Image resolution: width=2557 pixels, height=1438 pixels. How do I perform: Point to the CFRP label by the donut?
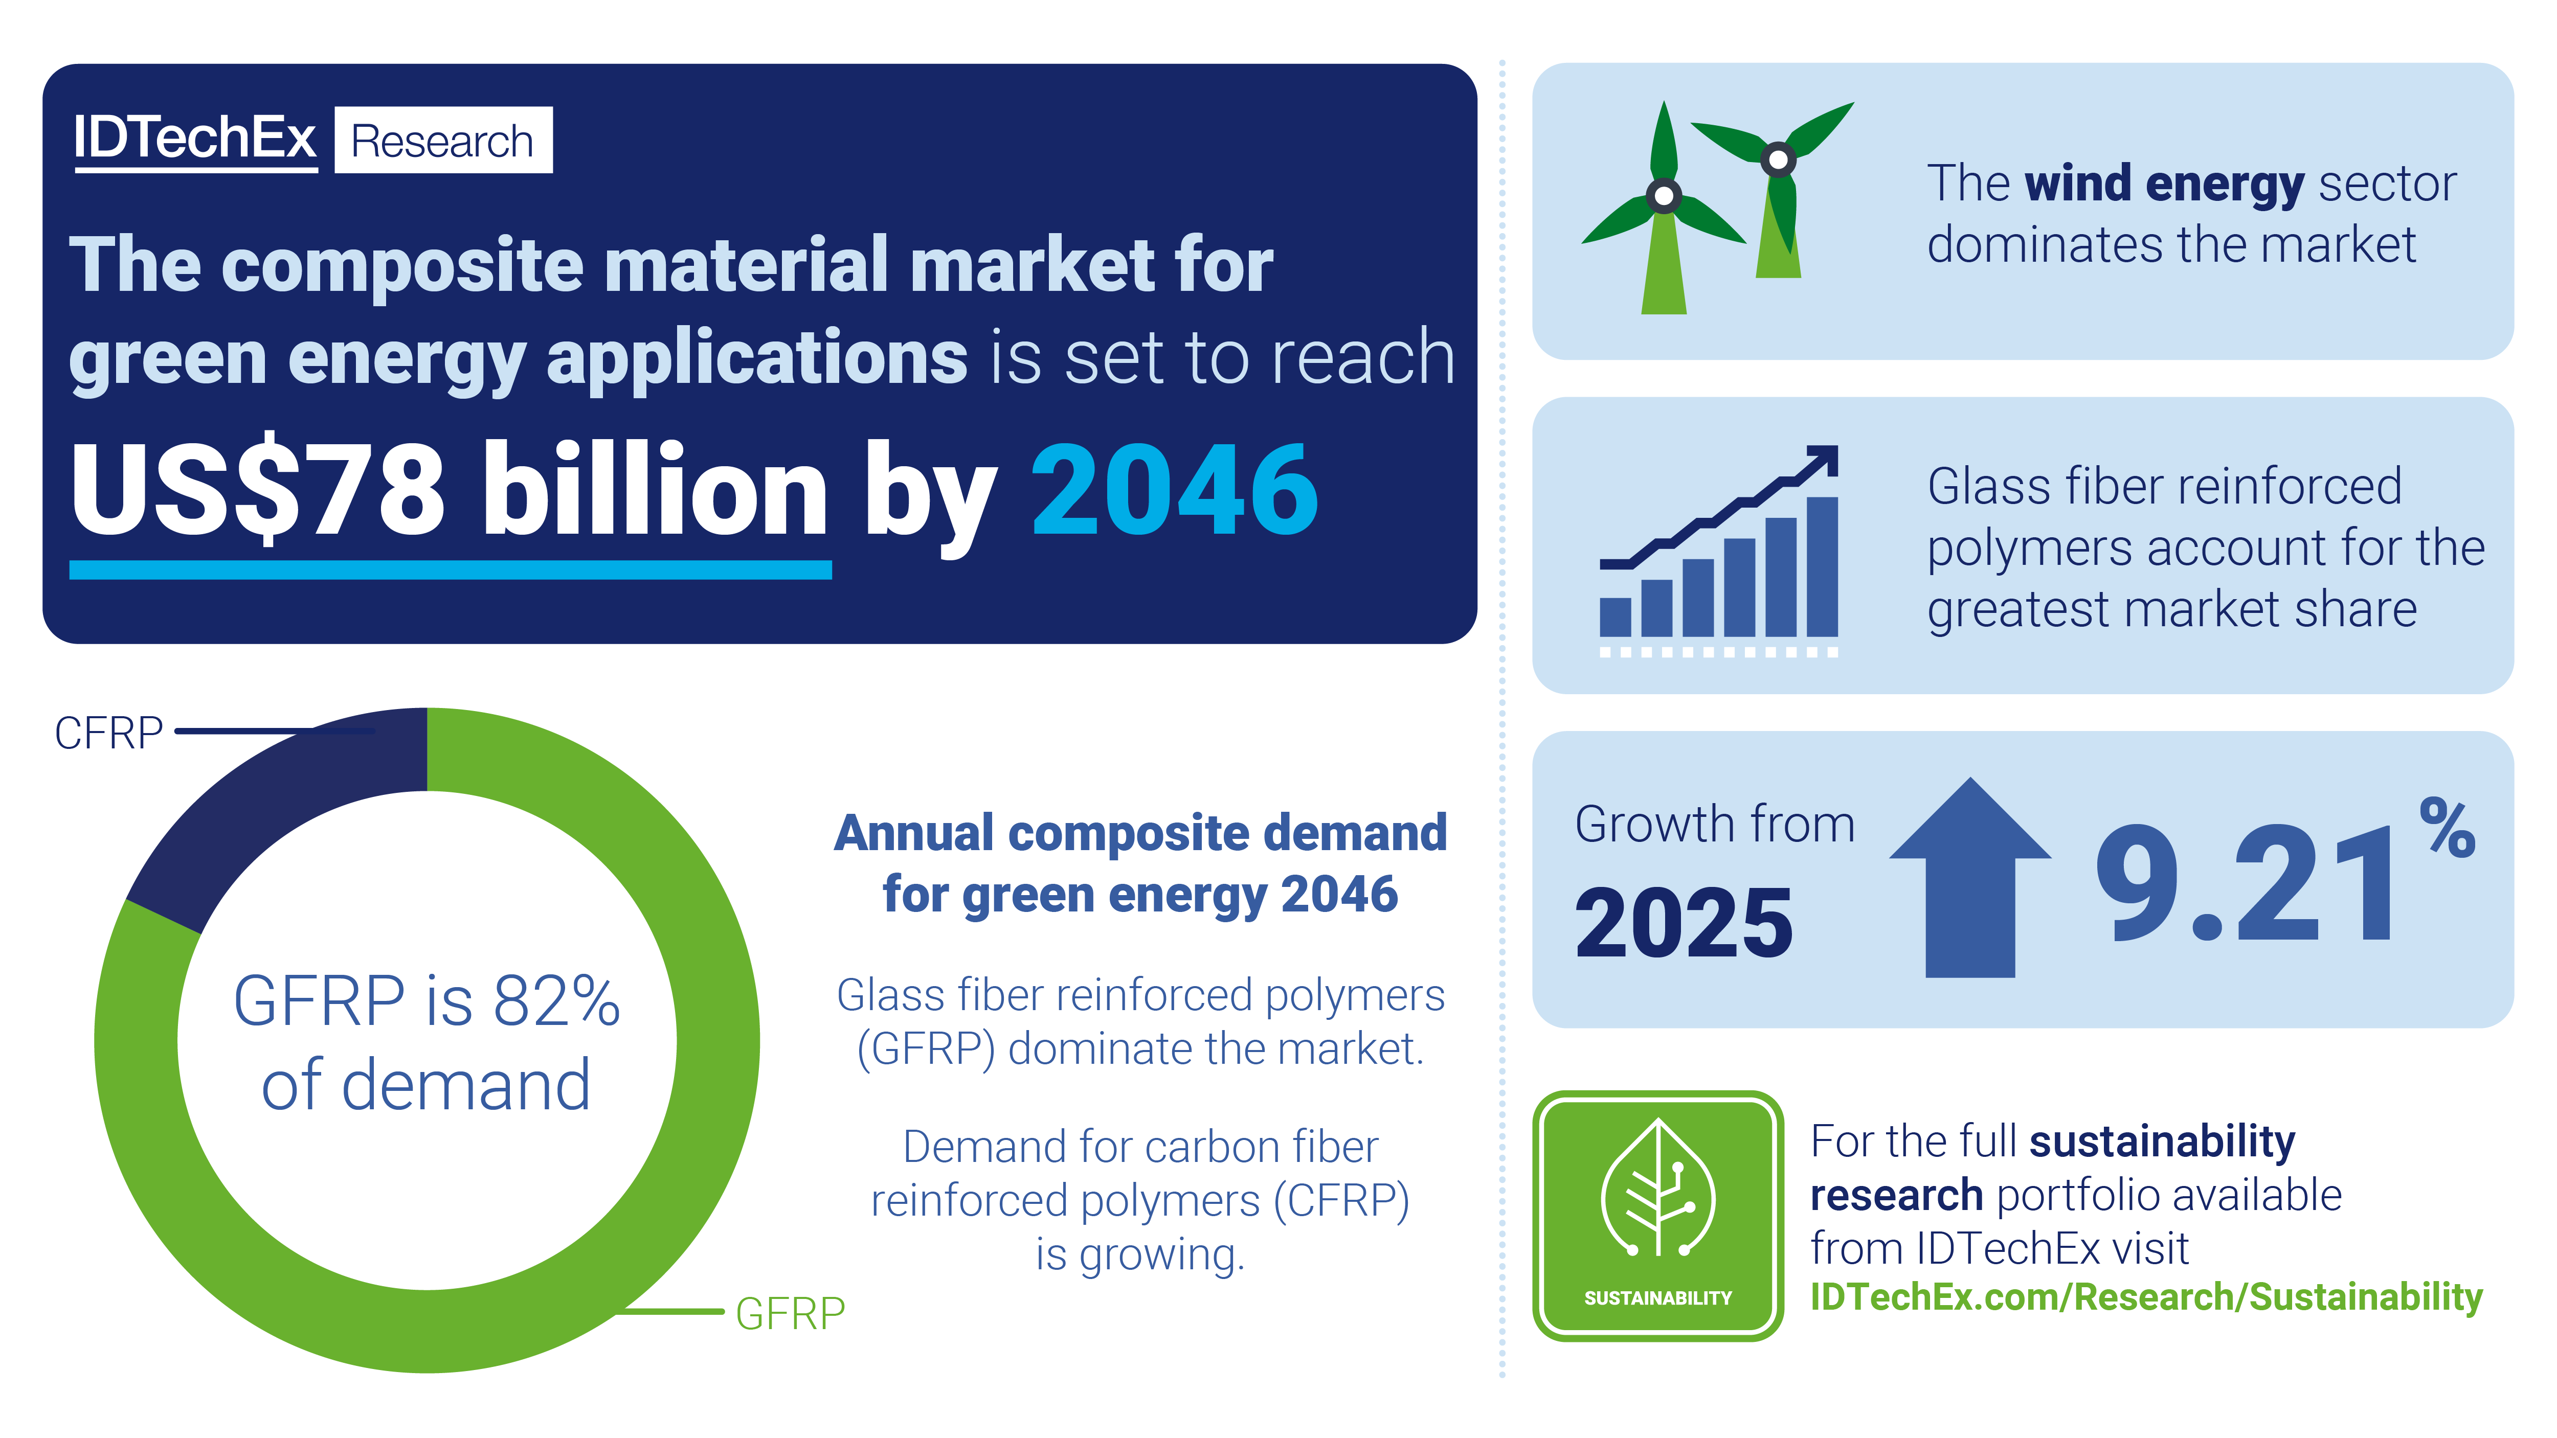pyautogui.click(x=108, y=734)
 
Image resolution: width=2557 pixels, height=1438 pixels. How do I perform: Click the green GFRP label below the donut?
pyautogui.click(x=790, y=1313)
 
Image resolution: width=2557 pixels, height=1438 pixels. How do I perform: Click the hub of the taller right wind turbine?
pyautogui.click(x=1778, y=159)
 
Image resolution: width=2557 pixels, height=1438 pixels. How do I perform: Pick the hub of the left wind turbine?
pyautogui.click(x=1664, y=195)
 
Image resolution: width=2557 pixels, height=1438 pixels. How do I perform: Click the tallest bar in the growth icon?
pyautogui.click(x=1823, y=566)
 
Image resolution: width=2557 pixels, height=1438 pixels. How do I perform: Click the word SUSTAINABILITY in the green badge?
pyautogui.click(x=1657, y=1298)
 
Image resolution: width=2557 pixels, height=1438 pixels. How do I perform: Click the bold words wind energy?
pyautogui.click(x=2164, y=185)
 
